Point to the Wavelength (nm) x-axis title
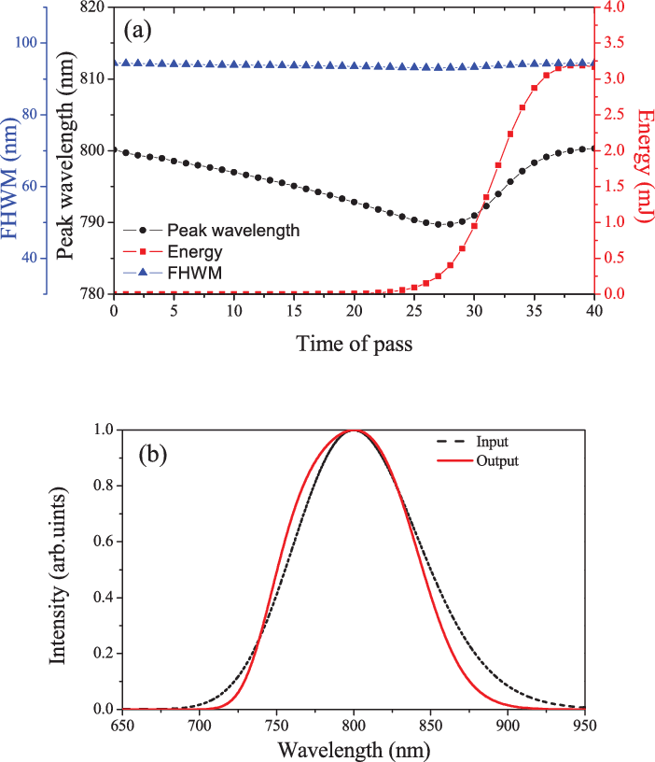(355, 749)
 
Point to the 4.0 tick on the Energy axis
(615, 7)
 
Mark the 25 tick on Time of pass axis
(413, 309)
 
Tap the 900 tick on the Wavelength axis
(508, 725)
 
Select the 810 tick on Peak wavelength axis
(91, 79)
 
